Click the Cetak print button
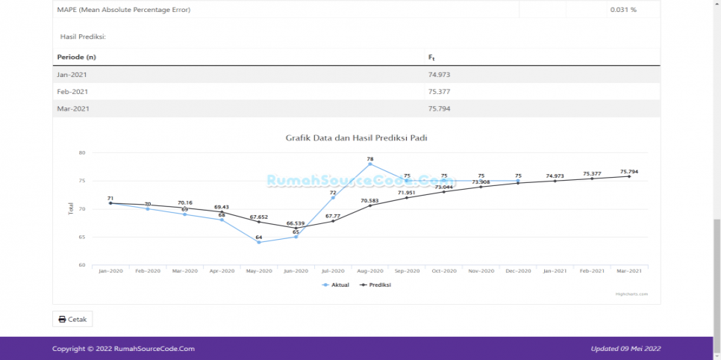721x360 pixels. tap(72, 319)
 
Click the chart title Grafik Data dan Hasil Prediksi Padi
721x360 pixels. tap(356, 138)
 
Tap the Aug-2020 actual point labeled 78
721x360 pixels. tap(370, 164)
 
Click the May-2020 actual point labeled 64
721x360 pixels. tap(259, 242)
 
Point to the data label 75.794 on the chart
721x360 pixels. tap(628, 172)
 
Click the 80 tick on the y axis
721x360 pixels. tap(82, 153)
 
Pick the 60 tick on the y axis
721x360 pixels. tap(82, 265)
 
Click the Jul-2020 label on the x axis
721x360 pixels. tap(333, 270)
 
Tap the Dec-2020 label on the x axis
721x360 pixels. tap(518, 270)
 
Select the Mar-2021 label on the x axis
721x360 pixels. tap(628, 270)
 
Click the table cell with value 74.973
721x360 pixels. tap(440, 75)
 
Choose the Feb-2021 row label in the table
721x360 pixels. tap(72, 92)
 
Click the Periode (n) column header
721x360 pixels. tap(77, 58)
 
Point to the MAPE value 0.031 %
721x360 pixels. tap(622, 10)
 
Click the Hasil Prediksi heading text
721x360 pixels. tap(83, 36)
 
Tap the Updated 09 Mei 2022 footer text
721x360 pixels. tap(625, 348)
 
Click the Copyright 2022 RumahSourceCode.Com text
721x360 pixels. tap(123, 348)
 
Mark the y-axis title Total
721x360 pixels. tap(71, 209)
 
